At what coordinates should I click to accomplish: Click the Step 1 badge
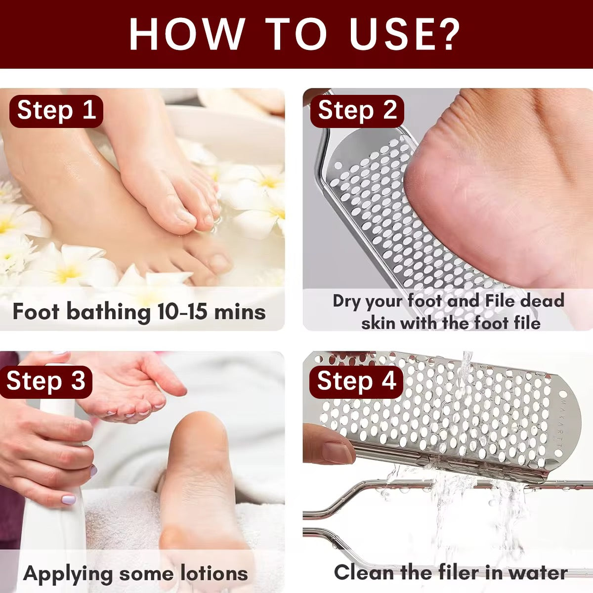56,110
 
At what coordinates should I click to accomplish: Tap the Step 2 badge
357,110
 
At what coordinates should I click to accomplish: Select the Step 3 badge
46,381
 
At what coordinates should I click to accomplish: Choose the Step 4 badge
356,381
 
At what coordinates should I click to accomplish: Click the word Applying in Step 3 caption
68,574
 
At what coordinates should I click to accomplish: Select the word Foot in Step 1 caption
36,312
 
